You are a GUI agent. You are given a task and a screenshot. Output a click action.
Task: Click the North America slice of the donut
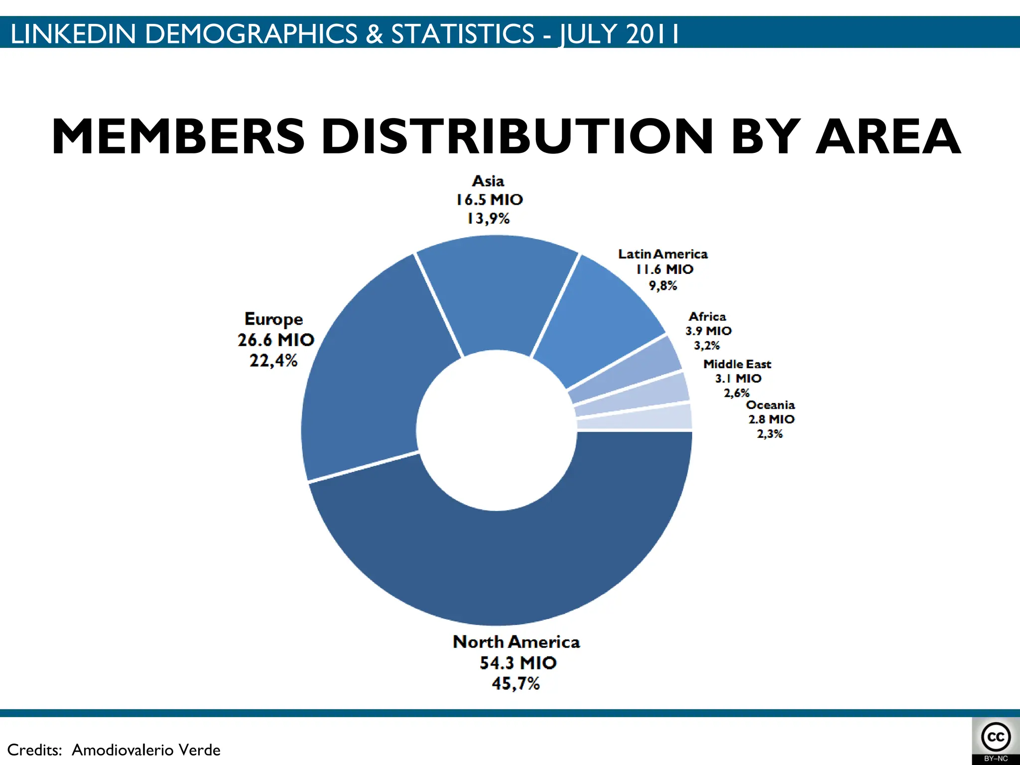point(498,568)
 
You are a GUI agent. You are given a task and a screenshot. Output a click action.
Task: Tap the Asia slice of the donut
point(498,294)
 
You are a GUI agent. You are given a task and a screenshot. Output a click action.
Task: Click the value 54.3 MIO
point(518,663)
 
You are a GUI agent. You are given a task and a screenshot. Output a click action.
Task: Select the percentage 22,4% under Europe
point(273,361)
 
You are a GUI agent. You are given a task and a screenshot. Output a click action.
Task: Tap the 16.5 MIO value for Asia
point(490,200)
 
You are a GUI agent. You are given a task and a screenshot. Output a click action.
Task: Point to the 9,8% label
point(663,285)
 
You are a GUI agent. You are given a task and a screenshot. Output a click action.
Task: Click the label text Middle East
point(737,364)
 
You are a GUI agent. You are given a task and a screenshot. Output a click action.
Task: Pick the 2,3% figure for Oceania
point(770,434)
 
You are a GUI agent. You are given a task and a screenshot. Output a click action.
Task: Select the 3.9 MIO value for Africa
point(708,331)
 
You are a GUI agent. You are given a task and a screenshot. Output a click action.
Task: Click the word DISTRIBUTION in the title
point(518,136)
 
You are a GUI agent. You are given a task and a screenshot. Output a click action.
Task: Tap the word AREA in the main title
point(889,136)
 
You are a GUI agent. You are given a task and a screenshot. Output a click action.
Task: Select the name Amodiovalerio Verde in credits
point(146,750)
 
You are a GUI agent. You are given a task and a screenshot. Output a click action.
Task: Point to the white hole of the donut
point(497,430)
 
